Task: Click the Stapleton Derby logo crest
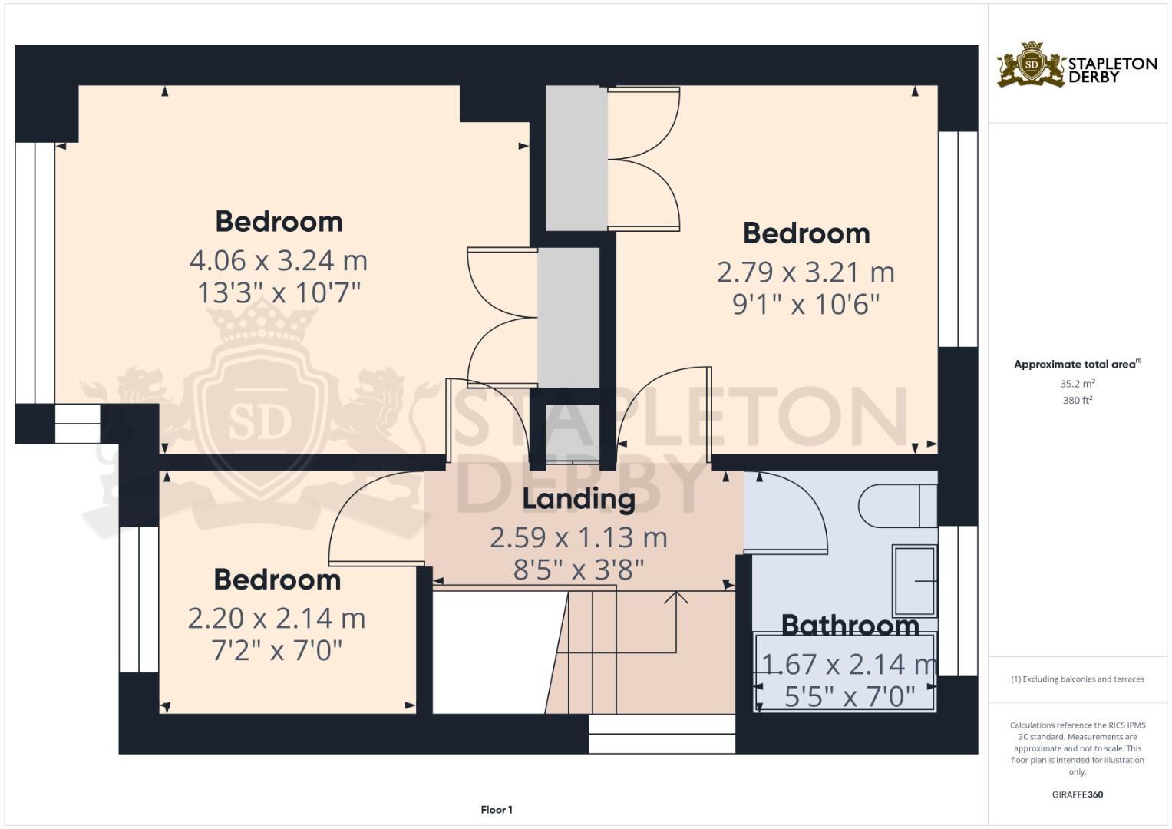pos(1031,64)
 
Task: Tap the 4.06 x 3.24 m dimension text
pos(279,261)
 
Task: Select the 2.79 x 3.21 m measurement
pos(806,272)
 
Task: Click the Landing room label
pos(579,499)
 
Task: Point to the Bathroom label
pos(850,625)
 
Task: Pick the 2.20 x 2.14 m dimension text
pos(276,619)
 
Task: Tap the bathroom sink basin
pos(914,581)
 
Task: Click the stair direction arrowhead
pos(676,596)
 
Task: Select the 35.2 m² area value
pos(1077,384)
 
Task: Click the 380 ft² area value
pos(1077,401)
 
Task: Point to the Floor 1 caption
pos(497,810)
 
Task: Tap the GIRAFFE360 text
pos(1077,794)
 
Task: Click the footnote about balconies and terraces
pos(1077,679)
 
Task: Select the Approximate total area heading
pos(1077,365)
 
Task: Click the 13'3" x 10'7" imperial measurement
pos(279,293)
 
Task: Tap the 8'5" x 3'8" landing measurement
pos(579,570)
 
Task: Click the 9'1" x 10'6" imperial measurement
pos(806,305)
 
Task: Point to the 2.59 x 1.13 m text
pos(579,537)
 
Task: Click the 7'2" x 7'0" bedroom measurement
pos(276,651)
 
